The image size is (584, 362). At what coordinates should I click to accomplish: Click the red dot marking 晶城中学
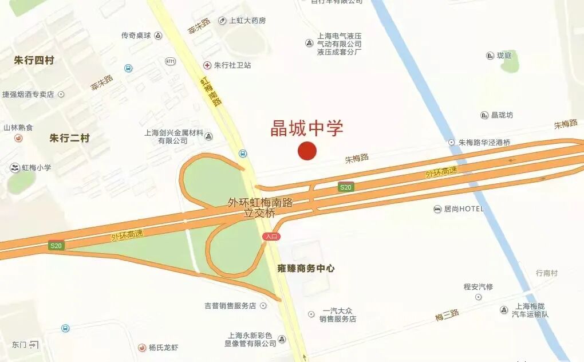click(x=307, y=151)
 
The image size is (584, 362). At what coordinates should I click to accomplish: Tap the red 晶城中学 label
click(x=307, y=128)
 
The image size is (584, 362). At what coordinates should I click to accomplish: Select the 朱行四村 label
click(x=34, y=60)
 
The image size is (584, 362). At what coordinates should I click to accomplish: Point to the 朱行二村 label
click(x=69, y=138)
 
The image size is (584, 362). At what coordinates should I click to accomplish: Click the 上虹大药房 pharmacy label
click(x=247, y=21)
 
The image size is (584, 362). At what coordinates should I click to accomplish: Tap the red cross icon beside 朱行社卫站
click(x=207, y=65)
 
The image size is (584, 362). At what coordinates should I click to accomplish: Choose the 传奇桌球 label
click(x=136, y=36)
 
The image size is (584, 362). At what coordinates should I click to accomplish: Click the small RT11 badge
click(x=170, y=61)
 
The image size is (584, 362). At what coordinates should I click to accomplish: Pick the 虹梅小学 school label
click(x=37, y=168)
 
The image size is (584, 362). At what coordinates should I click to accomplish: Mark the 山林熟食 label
click(x=18, y=128)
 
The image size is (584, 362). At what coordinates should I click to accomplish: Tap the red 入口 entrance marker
click(x=270, y=237)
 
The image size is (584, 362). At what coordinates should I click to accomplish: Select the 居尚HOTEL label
click(x=464, y=209)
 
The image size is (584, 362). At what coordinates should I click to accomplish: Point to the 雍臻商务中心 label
click(x=306, y=268)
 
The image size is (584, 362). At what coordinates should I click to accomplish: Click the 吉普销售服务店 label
click(x=230, y=306)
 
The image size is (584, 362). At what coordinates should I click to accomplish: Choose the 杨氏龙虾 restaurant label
click(x=164, y=348)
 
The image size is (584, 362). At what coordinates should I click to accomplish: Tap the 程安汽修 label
click(x=478, y=287)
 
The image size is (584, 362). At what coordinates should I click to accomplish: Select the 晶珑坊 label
click(x=502, y=115)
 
